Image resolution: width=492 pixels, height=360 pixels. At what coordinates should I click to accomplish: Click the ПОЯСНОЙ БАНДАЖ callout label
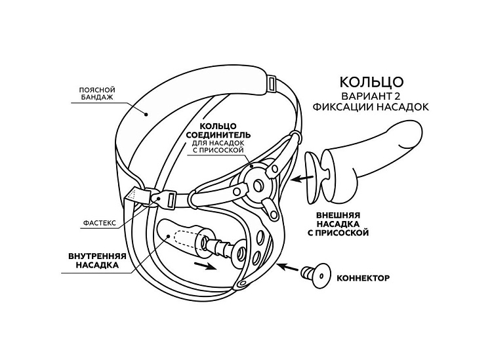click(x=97, y=92)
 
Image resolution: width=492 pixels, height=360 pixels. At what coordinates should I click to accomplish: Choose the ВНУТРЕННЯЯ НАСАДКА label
click(x=92, y=262)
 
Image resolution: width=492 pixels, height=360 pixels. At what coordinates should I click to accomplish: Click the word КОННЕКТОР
click(x=363, y=278)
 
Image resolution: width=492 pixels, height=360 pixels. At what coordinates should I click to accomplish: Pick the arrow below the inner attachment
click(x=205, y=266)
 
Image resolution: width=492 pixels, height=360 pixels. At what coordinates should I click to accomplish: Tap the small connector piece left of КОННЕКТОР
click(x=316, y=275)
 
